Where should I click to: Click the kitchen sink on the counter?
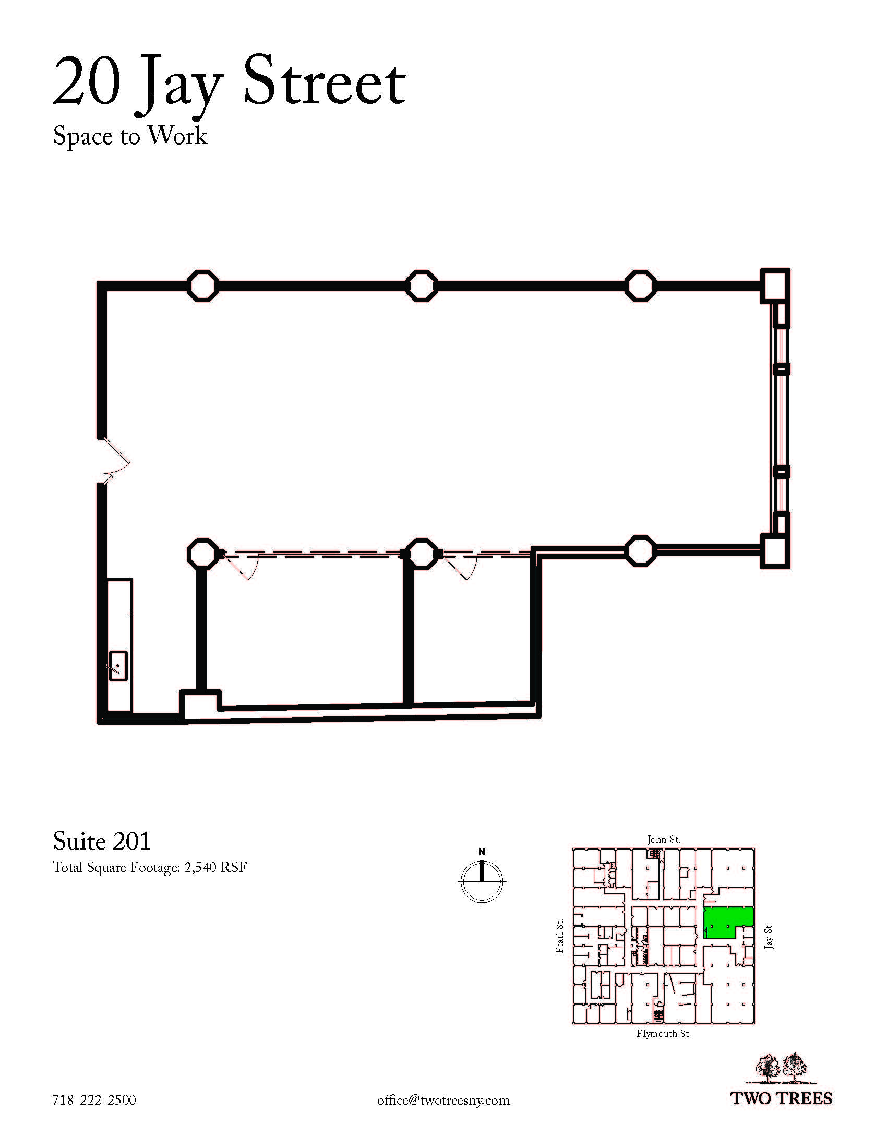point(118,666)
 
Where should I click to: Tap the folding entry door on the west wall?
point(116,459)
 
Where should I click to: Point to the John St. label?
point(663,840)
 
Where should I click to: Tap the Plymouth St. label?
point(663,1033)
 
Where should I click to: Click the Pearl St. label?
point(560,936)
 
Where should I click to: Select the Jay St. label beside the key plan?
point(769,936)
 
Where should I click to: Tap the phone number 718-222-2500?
point(94,1099)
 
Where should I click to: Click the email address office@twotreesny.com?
point(443,1100)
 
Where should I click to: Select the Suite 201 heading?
point(101,841)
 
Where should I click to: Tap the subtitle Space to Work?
point(130,136)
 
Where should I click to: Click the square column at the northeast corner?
point(775,285)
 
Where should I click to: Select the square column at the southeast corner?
point(775,551)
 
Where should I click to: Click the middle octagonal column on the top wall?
point(422,286)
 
